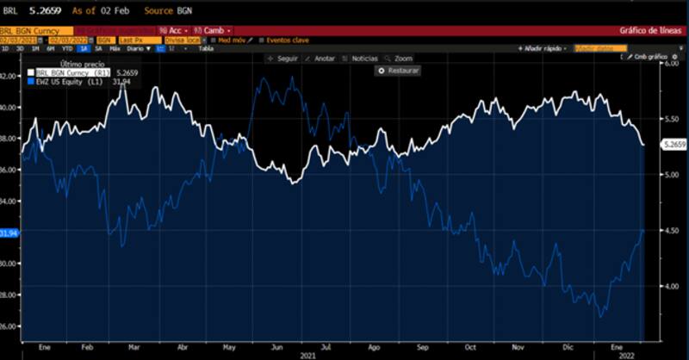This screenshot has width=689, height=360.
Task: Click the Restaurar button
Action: coord(399,71)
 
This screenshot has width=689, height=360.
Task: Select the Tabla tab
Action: coord(206,48)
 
